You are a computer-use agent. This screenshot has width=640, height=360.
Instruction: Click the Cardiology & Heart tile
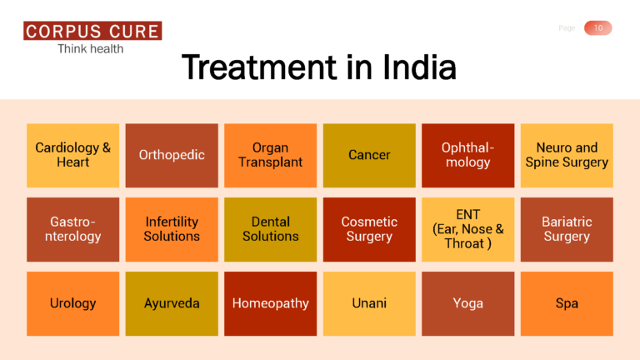(x=73, y=155)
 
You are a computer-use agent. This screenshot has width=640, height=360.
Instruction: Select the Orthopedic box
(x=172, y=155)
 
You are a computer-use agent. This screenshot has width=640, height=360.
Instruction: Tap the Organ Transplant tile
(x=271, y=155)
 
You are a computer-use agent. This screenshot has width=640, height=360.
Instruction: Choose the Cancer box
(x=369, y=155)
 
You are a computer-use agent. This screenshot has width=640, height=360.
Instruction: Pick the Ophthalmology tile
(x=467, y=155)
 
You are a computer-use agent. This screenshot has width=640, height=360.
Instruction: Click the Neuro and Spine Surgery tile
(x=567, y=155)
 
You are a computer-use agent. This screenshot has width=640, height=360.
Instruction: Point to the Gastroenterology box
(x=73, y=229)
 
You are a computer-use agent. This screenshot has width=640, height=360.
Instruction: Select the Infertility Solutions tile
(x=172, y=229)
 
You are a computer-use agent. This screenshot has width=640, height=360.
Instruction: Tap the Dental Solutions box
(x=271, y=229)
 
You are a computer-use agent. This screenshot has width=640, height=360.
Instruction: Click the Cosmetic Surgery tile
(x=369, y=229)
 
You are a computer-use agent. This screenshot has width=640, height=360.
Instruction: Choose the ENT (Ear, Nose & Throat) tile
(x=467, y=229)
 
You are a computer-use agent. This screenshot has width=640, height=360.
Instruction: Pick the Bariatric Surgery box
(x=567, y=229)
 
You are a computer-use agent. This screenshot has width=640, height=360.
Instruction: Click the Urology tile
(x=73, y=303)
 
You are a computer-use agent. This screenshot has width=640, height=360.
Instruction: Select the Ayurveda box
(x=172, y=303)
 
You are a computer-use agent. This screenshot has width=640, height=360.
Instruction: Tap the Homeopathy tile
(x=271, y=303)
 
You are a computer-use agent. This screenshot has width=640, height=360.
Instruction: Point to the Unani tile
(x=369, y=303)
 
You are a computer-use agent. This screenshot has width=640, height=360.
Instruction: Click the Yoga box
(x=467, y=303)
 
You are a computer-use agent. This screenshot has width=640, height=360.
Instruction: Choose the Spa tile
(x=567, y=303)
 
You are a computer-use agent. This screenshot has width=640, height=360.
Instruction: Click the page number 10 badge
(x=597, y=28)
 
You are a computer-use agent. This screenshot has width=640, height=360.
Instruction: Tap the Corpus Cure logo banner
(x=92, y=32)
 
